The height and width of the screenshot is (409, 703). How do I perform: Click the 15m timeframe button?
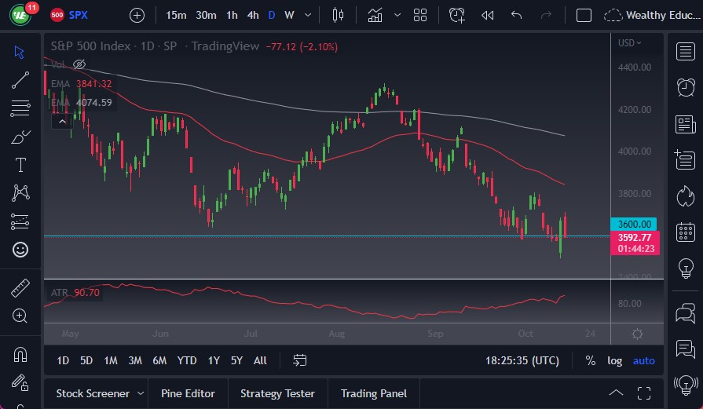tap(176, 15)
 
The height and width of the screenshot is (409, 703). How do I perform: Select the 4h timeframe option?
tap(252, 15)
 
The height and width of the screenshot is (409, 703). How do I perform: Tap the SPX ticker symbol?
tap(79, 15)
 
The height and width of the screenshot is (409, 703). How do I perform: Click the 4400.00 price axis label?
tap(635, 68)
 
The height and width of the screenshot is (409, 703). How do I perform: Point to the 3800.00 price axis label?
tap(635, 193)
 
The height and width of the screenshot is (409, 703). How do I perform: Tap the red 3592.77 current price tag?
tap(635, 237)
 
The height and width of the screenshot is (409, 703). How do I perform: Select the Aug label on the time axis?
tap(336, 334)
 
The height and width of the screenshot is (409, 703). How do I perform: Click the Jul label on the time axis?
tap(251, 334)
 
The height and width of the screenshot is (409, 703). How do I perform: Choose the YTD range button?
tap(187, 360)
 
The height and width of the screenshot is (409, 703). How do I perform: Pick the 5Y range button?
tap(236, 360)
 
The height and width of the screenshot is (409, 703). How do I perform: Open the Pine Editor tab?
tap(189, 393)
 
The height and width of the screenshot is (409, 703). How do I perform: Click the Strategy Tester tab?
tap(277, 393)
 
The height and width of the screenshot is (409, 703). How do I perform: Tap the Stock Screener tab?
tap(93, 393)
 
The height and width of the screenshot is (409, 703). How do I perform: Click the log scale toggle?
tap(614, 360)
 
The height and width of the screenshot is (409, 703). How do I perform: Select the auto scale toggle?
tap(643, 360)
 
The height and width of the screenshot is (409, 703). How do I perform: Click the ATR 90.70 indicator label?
tap(76, 293)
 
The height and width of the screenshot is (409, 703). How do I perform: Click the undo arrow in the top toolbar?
tap(516, 15)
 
